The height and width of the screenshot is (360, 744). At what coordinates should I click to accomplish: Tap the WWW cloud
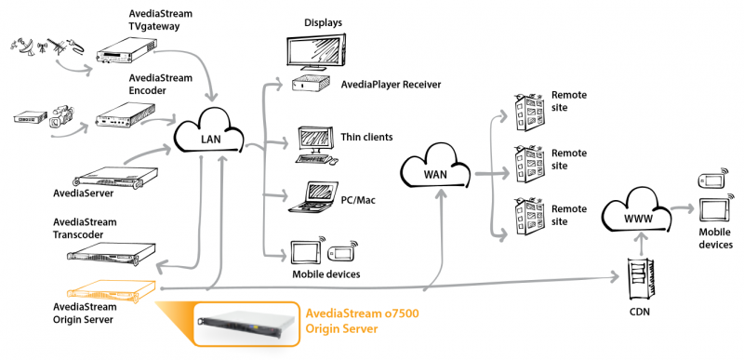tap(637, 216)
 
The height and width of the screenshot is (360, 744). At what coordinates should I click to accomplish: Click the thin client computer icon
tap(315, 142)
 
